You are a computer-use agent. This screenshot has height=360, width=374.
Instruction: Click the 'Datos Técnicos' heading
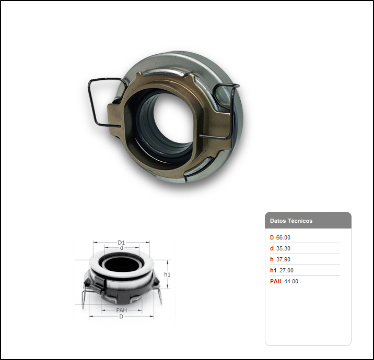point(291,221)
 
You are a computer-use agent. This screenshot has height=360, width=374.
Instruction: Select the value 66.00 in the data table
point(283,237)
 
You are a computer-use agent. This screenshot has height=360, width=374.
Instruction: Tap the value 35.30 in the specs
point(283,248)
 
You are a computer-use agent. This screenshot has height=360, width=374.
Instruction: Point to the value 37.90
point(283,259)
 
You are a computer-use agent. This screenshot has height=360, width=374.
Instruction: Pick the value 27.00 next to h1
point(286,270)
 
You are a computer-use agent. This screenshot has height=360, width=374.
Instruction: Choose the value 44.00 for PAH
point(291,281)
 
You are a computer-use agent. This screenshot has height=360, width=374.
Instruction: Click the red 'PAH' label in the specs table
point(275,281)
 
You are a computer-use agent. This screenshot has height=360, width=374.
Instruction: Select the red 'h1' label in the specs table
point(273,270)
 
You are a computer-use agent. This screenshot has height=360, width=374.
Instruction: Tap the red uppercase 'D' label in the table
point(272,237)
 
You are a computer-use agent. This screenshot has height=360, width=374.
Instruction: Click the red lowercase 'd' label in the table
point(272,248)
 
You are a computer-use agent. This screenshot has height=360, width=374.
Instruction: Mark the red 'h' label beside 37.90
point(272,259)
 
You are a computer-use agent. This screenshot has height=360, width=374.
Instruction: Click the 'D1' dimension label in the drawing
point(121,243)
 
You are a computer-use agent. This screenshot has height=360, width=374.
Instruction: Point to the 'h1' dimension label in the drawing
point(167,274)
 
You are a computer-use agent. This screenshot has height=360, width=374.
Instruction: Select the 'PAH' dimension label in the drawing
point(121,310)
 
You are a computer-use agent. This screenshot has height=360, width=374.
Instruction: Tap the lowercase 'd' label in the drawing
point(121,248)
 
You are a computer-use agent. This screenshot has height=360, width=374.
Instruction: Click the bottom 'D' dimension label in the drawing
point(121,316)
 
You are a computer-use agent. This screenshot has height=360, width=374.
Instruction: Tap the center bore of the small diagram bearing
point(121,264)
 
